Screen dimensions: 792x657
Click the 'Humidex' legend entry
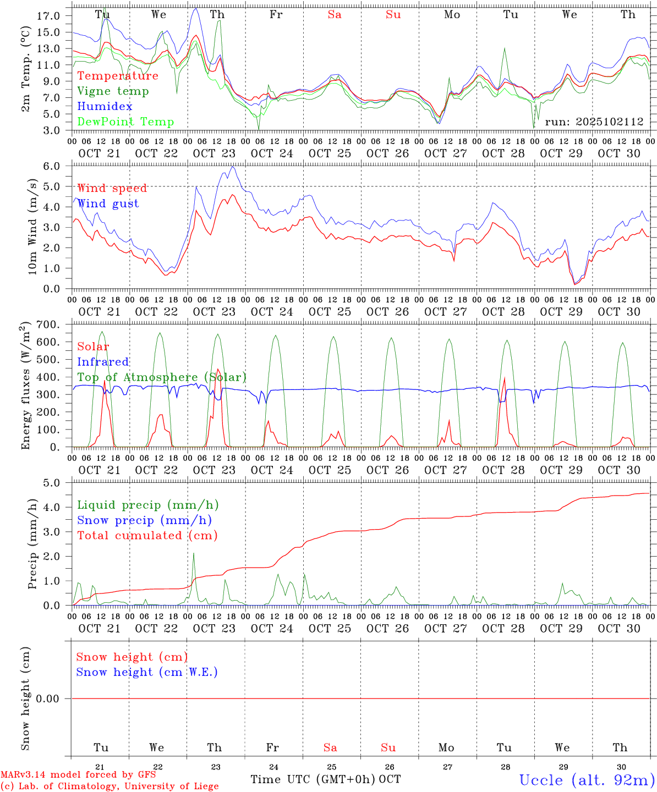coord(105,107)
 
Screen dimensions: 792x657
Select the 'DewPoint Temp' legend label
coord(125,122)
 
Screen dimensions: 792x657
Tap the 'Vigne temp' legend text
coord(113,91)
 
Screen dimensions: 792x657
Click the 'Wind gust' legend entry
coord(108,204)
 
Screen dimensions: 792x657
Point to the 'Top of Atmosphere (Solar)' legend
coord(161,377)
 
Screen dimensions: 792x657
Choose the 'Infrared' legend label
coord(103,362)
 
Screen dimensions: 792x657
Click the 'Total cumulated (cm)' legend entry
coord(147,536)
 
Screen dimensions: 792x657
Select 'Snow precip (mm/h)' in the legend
coord(144,520)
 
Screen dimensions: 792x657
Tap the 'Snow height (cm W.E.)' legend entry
coord(146,672)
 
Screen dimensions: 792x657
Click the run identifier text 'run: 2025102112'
coord(594,122)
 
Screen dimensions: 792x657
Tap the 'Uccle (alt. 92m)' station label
coord(587,780)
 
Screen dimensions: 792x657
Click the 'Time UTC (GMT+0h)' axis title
coord(313,779)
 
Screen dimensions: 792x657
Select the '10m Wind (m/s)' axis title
coord(32,228)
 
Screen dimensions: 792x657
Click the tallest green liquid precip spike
coord(194,554)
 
